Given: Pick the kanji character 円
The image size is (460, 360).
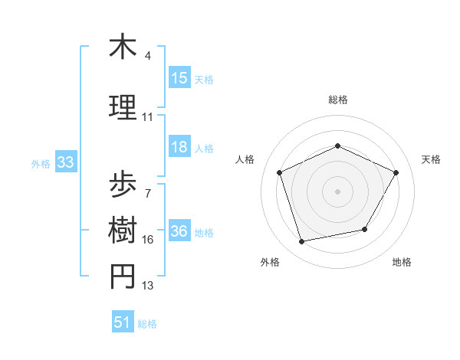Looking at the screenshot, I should [123, 277].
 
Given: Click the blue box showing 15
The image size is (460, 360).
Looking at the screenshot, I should [179, 78].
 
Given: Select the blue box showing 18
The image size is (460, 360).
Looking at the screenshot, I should [179, 148].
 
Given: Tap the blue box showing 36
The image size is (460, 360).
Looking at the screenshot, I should [179, 232].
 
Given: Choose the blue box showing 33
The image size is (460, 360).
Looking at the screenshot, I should [65, 162].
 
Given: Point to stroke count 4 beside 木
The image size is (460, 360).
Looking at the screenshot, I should [147, 56].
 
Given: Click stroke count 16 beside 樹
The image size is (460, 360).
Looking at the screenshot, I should [147, 240].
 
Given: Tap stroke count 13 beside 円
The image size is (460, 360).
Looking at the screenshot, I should [147, 286].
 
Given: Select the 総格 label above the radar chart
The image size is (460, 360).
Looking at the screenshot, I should [338, 100].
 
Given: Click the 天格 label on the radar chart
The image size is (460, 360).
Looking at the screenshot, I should [432, 159].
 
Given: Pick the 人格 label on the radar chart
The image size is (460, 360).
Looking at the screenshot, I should [245, 159].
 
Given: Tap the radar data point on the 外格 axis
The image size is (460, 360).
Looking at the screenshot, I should [302, 242].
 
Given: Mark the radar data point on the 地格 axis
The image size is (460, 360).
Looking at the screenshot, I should [365, 229].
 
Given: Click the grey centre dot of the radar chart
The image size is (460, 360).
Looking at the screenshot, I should [338, 191].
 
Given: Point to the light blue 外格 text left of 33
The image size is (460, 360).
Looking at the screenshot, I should [41, 163].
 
